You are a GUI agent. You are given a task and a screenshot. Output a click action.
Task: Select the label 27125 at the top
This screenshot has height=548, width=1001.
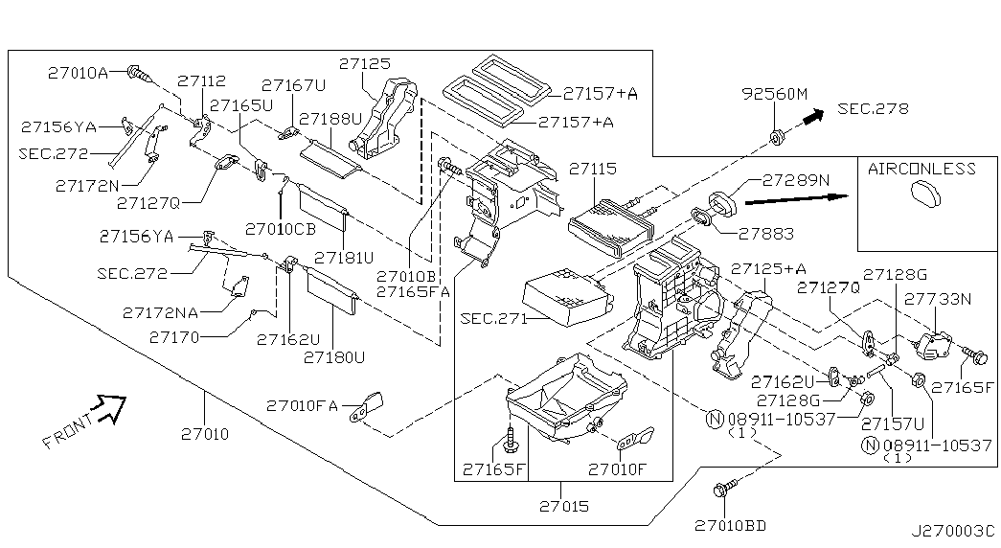[x=363, y=64]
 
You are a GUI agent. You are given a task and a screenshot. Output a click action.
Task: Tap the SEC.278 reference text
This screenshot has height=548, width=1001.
[x=872, y=108]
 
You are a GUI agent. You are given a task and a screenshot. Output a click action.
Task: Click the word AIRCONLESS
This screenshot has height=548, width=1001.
[x=921, y=169]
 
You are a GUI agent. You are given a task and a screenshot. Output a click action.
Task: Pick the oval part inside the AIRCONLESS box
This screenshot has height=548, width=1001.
[x=922, y=195]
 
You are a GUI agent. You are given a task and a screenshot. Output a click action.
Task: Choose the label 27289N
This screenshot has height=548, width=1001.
[x=796, y=179]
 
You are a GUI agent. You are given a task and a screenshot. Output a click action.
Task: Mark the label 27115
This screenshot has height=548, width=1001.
[x=592, y=168]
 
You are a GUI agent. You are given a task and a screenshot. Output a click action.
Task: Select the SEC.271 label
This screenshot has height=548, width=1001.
[x=493, y=319]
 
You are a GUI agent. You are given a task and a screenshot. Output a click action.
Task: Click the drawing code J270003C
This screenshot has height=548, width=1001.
[x=952, y=530]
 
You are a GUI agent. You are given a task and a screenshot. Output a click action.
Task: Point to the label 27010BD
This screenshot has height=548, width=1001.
[x=731, y=525]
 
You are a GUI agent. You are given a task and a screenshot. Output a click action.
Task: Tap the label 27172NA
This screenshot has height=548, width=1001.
[x=160, y=311]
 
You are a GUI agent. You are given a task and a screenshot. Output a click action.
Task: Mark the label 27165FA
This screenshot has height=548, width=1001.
[x=412, y=291]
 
